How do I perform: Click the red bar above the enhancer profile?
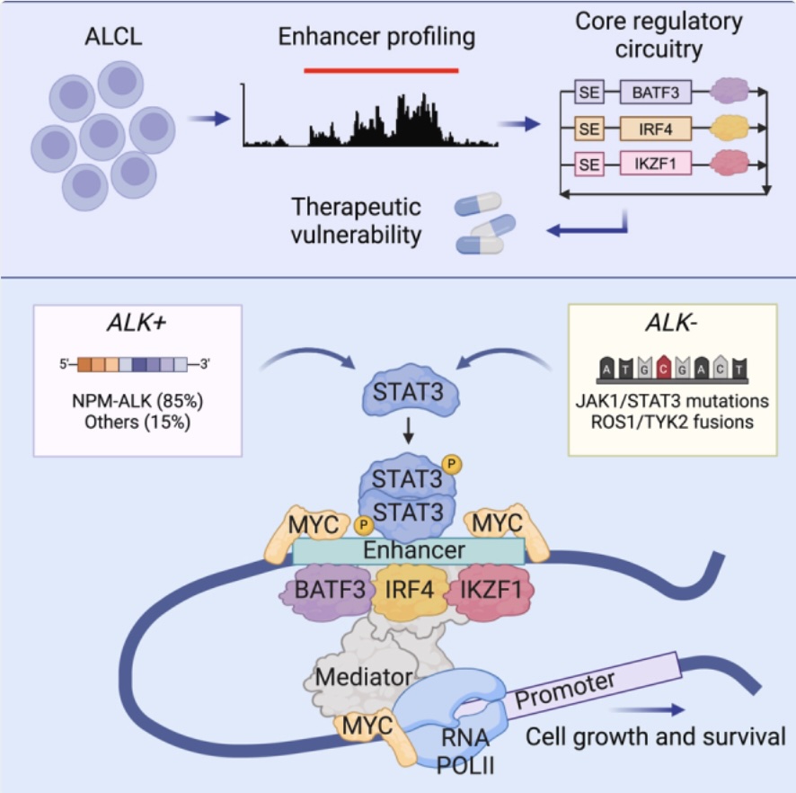[381, 68]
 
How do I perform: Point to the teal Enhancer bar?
[409, 550]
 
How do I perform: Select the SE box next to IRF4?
[588, 129]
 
